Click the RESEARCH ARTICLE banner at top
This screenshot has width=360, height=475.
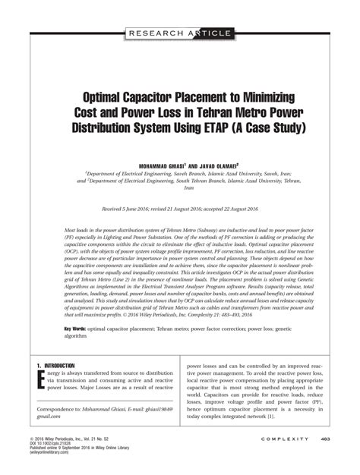point(179,33)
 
